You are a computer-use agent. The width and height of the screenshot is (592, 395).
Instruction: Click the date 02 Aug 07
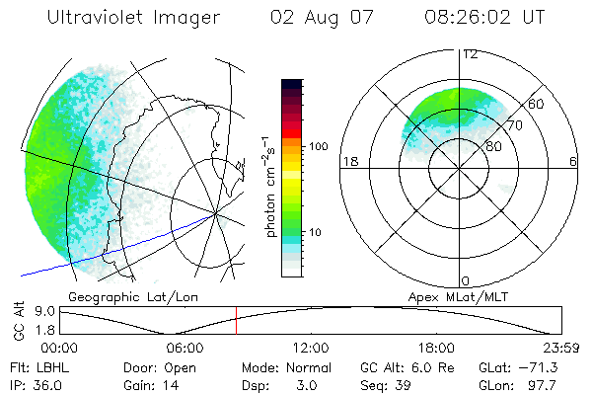(x=309, y=17)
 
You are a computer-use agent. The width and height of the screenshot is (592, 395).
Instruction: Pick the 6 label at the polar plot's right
(x=573, y=162)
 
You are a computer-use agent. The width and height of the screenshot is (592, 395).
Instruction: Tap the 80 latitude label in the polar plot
(x=492, y=146)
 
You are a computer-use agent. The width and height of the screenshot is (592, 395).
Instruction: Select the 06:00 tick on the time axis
(x=185, y=348)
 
